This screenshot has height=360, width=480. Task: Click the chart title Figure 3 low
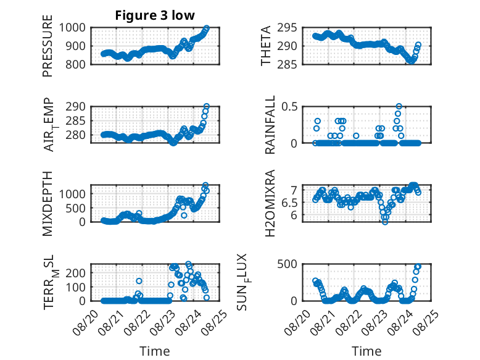(155, 15)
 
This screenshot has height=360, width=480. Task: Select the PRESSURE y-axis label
(48, 46)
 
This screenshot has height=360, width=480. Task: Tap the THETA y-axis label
(266, 46)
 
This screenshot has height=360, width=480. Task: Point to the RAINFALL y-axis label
(270, 125)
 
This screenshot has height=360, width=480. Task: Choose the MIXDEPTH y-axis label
(48, 203)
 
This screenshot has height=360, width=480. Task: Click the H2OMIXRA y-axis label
(270, 203)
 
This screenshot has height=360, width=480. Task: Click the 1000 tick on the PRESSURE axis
(72, 28)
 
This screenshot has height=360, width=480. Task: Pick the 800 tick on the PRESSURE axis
(75, 64)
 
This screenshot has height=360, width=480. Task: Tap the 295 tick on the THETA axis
(287, 28)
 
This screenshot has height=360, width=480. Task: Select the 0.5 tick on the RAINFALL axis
(289, 107)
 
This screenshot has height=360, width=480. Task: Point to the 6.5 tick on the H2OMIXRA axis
(289, 203)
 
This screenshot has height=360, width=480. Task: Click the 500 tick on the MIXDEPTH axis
(75, 208)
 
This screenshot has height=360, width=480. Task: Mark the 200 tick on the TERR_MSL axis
(75, 273)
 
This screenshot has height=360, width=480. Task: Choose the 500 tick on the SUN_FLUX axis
(287, 264)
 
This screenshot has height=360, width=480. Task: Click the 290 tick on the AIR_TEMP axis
(75, 107)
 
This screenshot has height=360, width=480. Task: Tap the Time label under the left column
(155, 351)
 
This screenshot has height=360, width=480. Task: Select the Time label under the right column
(366, 351)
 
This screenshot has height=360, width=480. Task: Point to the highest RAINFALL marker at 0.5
(399, 107)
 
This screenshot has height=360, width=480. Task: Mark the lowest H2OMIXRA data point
(385, 222)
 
